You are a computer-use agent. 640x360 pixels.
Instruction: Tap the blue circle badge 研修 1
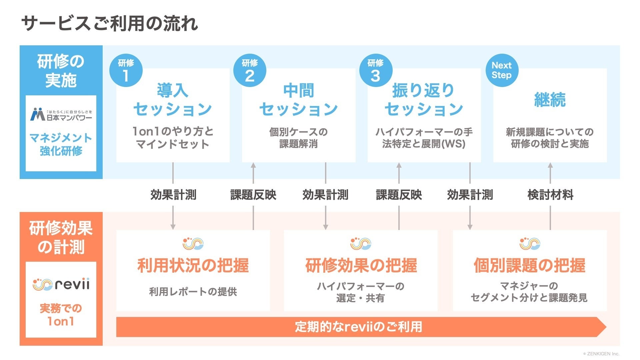126,70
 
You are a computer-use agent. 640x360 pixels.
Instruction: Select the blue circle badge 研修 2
250,70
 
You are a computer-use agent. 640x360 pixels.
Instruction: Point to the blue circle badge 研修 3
375,70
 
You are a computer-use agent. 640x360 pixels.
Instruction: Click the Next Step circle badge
501,70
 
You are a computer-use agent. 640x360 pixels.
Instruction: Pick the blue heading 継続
550,99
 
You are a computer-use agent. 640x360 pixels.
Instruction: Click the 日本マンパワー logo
61,114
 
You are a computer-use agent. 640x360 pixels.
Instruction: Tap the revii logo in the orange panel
61,284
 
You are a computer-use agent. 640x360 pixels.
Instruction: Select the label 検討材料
550,195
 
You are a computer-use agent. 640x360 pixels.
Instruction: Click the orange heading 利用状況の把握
193,266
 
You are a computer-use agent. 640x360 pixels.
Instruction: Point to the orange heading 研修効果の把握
361,266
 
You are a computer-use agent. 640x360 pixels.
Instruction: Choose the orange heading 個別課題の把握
529,266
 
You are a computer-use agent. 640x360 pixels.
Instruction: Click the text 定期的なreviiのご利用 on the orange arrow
358,327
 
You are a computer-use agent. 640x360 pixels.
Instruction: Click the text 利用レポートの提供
193,292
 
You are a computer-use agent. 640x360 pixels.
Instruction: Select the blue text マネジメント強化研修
61,144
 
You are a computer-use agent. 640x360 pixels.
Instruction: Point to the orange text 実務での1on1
61,315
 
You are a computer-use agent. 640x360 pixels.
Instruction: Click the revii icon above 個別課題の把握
530,244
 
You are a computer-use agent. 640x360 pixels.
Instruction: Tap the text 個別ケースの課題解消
298,138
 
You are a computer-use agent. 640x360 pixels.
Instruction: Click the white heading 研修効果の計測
61,238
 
